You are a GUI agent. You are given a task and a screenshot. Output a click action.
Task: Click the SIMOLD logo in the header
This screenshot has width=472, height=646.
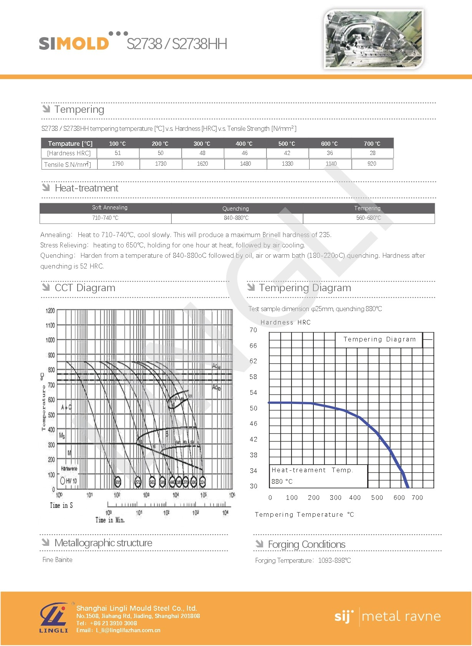point(74,43)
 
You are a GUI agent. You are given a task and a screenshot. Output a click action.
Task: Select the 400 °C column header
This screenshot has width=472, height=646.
point(244,143)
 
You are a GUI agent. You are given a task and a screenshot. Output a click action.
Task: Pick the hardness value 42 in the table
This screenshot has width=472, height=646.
point(287,153)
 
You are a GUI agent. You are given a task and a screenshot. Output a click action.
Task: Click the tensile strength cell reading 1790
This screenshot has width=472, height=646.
point(118,164)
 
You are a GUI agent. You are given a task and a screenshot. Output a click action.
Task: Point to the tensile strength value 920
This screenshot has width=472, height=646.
point(372,164)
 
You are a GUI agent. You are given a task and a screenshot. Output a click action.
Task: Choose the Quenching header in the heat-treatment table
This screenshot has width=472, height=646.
point(235,209)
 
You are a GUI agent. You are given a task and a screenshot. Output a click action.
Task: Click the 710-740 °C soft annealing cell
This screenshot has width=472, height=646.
point(105,218)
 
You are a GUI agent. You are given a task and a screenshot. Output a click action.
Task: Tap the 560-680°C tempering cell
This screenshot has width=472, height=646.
point(368,218)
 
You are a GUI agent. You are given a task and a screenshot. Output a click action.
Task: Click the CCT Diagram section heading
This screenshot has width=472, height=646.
point(85,288)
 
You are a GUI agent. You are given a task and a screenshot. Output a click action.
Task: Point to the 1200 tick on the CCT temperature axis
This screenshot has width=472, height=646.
point(50,311)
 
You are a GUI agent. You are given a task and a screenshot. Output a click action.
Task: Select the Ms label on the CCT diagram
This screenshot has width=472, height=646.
point(62,436)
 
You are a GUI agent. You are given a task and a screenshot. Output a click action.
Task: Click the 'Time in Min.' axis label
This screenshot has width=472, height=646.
point(110,520)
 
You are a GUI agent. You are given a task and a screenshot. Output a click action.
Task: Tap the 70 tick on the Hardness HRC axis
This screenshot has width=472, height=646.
point(253,330)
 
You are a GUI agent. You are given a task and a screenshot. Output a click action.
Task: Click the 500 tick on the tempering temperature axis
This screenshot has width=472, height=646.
point(377,498)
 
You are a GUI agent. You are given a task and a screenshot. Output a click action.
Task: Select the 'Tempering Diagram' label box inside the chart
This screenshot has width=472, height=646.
point(379,339)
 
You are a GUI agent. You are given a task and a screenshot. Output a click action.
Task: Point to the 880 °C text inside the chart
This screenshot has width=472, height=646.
point(282,481)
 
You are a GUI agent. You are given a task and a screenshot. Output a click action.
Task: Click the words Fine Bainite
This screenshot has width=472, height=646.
point(58,560)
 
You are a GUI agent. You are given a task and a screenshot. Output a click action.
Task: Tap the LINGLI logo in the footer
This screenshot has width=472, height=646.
point(54,618)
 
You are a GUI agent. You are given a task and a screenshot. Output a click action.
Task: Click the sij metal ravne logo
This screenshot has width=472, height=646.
point(387,616)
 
